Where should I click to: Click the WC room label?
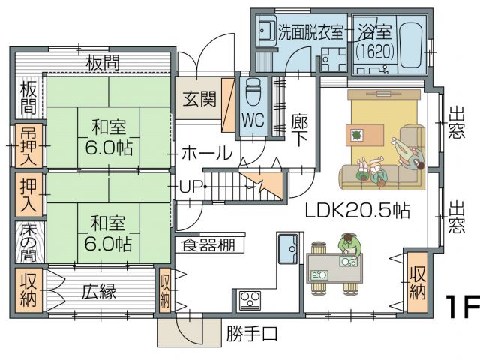tap(253, 120)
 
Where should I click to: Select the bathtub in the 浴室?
tap(411, 42)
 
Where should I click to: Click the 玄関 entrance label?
tap(199, 99)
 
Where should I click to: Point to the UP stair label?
tap(190, 186)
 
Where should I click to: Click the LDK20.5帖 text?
tap(357, 211)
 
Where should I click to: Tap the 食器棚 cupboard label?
tap(208, 245)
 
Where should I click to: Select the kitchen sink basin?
tap(288, 248)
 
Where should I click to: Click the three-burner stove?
tap(250, 300)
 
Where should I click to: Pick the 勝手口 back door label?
tap(252, 333)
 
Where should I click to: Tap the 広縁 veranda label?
tap(98, 291)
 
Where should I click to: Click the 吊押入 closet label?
tap(28, 146)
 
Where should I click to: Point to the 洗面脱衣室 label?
tap(310, 31)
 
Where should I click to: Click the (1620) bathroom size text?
tap(375, 52)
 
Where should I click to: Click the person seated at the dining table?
tap(349, 245)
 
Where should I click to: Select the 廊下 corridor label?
tap(299, 130)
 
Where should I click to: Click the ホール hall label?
tap(207, 153)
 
